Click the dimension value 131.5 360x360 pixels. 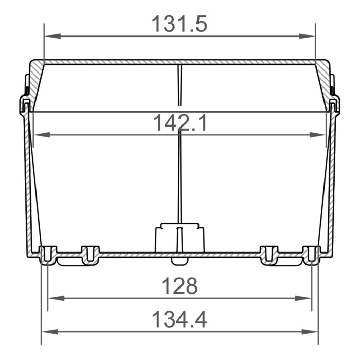(x=179, y=24)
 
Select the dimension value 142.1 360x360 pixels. (x=179, y=123)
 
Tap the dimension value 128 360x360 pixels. (x=179, y=286)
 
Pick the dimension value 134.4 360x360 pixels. (x=179, y=320)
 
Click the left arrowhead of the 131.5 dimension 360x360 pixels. (x=49, y=36)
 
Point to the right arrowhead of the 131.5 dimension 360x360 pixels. (x=310, y=36)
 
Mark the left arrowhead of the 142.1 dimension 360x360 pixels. (x=39, y=135)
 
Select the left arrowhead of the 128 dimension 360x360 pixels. (x=53, y=298)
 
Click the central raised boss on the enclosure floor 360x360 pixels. (x=179, y=238)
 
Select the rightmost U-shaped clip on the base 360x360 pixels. (x=311, y=255)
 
